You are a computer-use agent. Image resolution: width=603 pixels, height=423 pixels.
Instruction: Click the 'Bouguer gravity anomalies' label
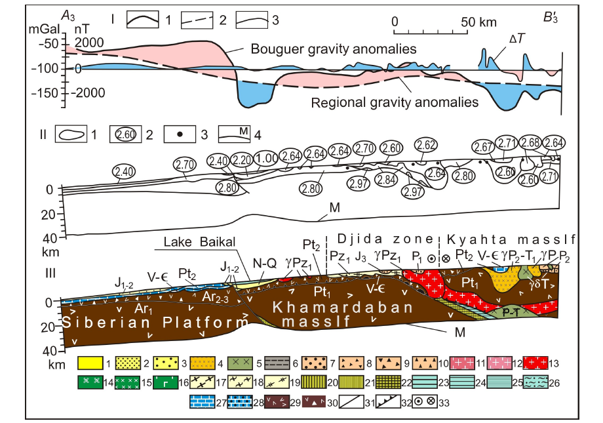[335, 49]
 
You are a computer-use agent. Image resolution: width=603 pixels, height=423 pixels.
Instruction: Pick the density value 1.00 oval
[266, 158]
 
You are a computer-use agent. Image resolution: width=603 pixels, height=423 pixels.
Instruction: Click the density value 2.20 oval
[242, 159]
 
